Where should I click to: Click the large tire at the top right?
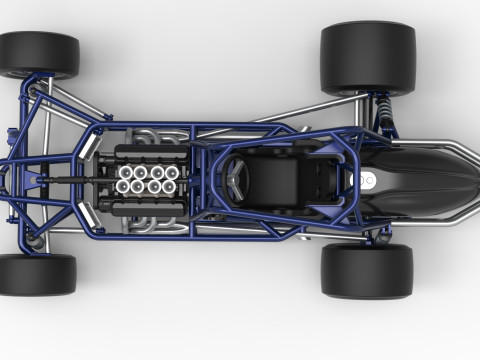pyautogui.click(x=367, y=58)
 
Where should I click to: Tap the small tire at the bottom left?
pyautogui.click(x=37, y=274)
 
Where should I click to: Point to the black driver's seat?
pyautogui.click(x=281, y=180)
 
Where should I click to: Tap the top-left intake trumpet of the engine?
pyautogui.click(x=127, y=172)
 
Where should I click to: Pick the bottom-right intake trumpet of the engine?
pyautogui.click(x=171, y=186)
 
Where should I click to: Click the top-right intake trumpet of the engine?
pyautogui.click(x=171, y=172)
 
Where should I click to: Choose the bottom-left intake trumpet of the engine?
pyautogui.click(x=127, y=186)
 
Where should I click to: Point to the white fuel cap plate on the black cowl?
pyautogui.click(x=367, y=181)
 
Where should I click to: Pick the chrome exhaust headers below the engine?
pyautogui.click(x=160, y=226)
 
